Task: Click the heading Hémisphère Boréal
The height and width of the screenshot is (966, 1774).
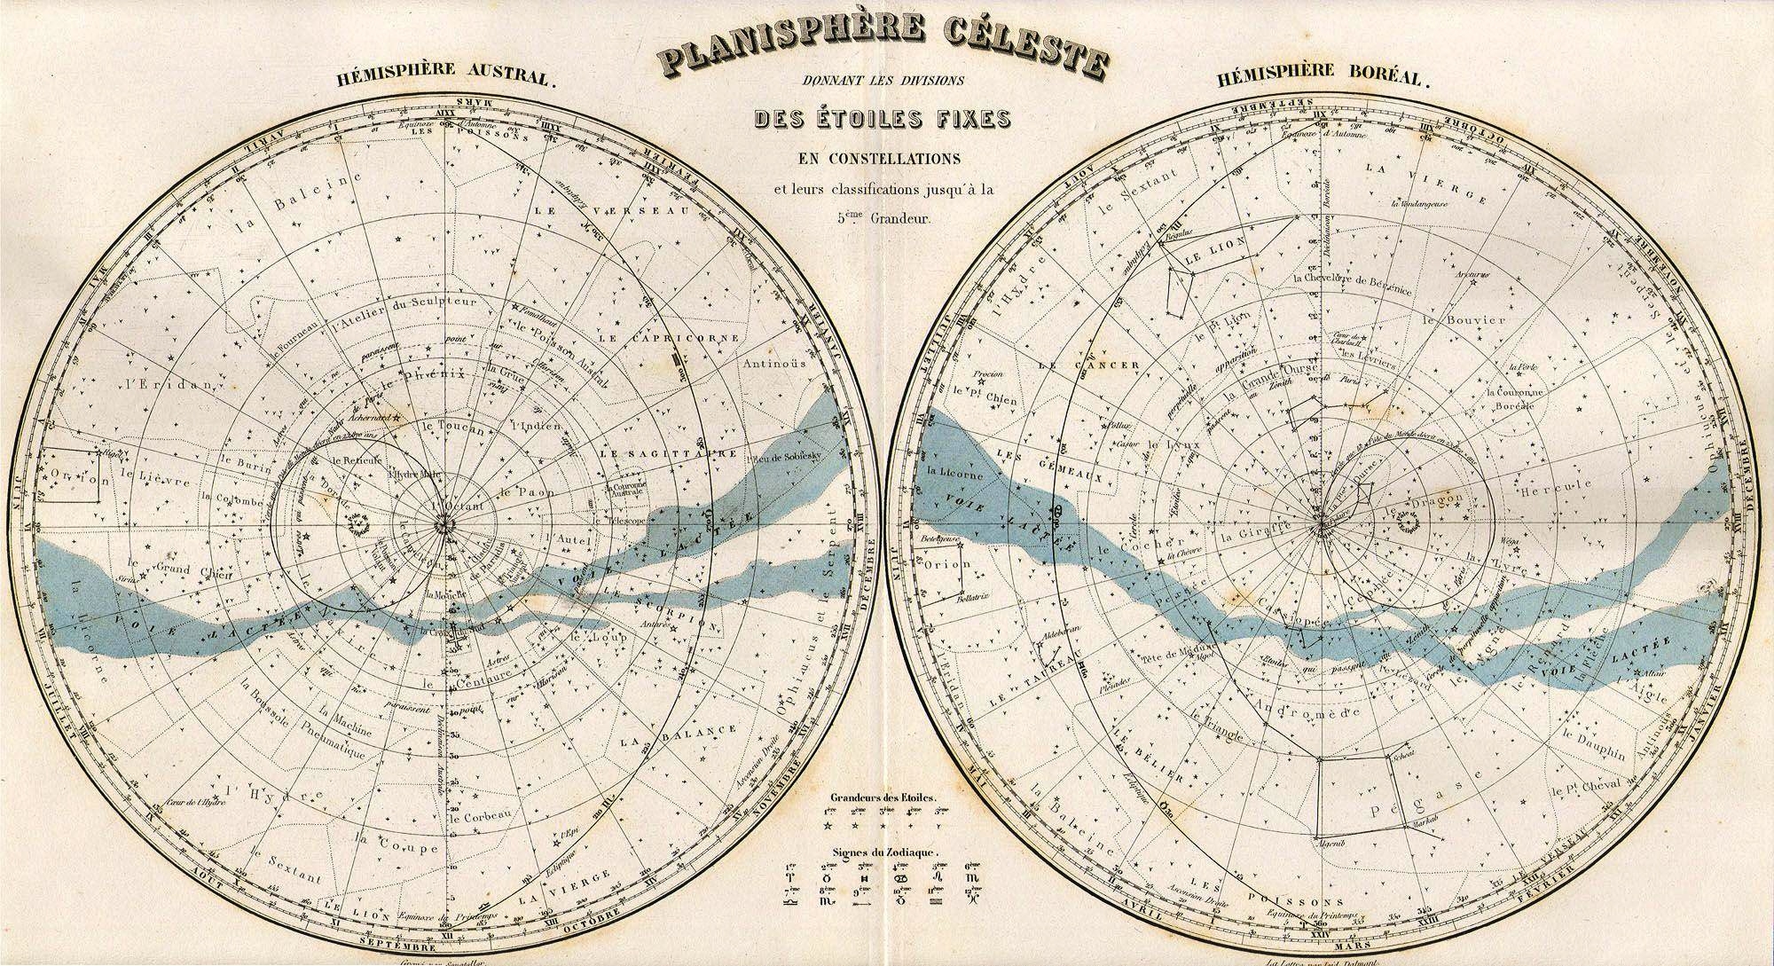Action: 1325,78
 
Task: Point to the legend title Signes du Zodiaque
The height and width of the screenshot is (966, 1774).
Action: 883,852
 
